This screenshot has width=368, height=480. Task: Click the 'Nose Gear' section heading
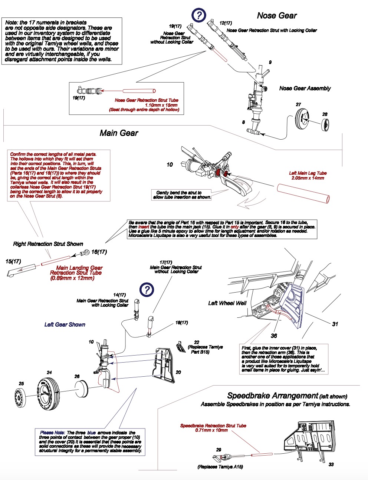(277, 16)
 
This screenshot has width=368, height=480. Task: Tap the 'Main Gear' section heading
(119, 133)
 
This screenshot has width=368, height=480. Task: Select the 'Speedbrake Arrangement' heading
(273, 396)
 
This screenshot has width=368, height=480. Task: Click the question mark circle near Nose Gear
(199, 15)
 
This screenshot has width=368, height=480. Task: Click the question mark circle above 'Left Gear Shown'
(147, 289)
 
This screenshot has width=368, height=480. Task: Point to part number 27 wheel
(303, 118)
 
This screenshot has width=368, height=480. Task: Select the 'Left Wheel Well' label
(227, 303)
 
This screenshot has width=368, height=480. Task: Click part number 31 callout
(335, 324)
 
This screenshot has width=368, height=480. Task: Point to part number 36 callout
(274, 336)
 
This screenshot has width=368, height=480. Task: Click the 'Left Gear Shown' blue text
(65, 325)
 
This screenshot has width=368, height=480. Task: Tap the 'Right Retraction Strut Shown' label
(48, 244)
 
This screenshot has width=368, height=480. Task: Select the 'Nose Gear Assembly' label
(305, 88)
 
